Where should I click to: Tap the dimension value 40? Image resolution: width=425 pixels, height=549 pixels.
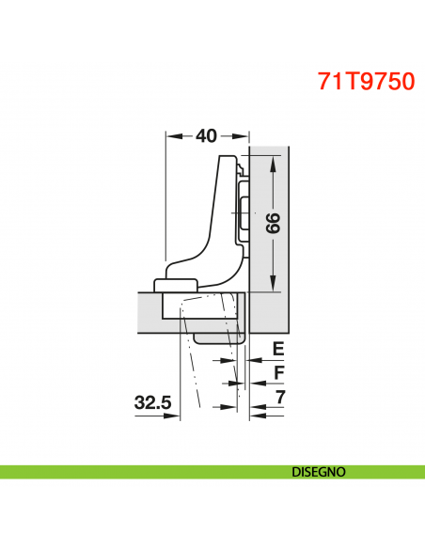click(x=207, y=136)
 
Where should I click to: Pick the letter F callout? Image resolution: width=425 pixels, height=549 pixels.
click(x=277, y=372)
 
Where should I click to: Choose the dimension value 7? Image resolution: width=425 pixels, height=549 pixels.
click(x=279, y=398)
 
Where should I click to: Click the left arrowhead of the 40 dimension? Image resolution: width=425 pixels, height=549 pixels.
click(x=171, y=136)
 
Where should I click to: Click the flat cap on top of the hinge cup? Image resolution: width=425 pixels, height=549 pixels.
click(x=175, y=285)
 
